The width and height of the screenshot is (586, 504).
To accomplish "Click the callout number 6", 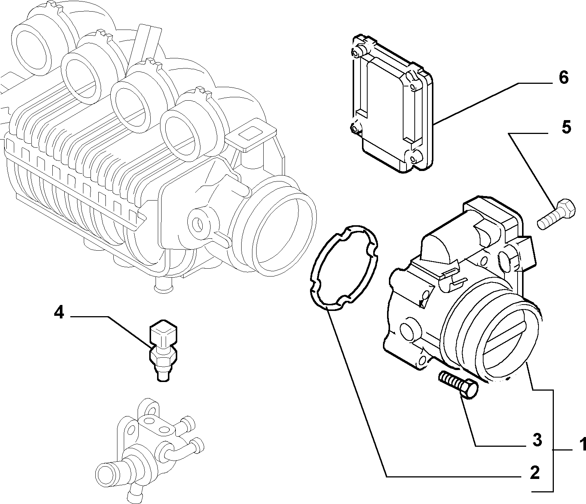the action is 564,77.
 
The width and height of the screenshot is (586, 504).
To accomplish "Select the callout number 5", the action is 566,127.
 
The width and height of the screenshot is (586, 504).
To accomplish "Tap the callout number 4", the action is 59,313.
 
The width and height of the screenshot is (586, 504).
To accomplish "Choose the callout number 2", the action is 535,473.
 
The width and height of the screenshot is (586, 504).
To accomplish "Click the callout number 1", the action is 581,452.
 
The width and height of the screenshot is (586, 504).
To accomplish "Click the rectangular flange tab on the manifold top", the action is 252,134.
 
